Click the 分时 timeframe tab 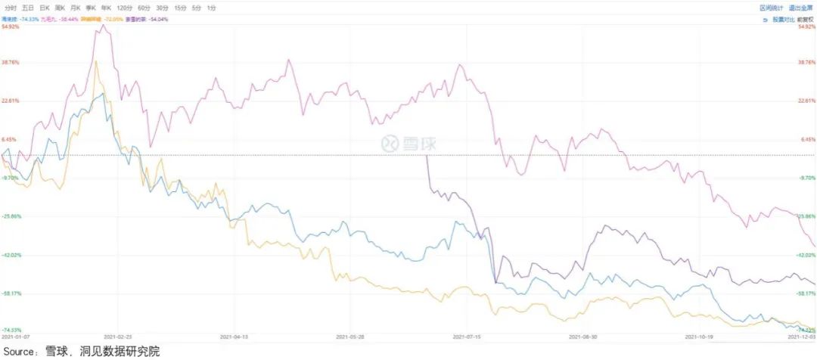(9, 7)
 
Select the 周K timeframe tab (59, 7)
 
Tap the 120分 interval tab (126, 7)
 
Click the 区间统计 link (771, 7)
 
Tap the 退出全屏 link (800, 7)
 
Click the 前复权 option (806, 18)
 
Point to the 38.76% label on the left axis (11, 63)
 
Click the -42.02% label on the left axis (11, 255)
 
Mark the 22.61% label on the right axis (807, 101)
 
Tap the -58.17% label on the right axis (806, 293)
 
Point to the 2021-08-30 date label (582, 336)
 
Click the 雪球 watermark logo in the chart (409, 143)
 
